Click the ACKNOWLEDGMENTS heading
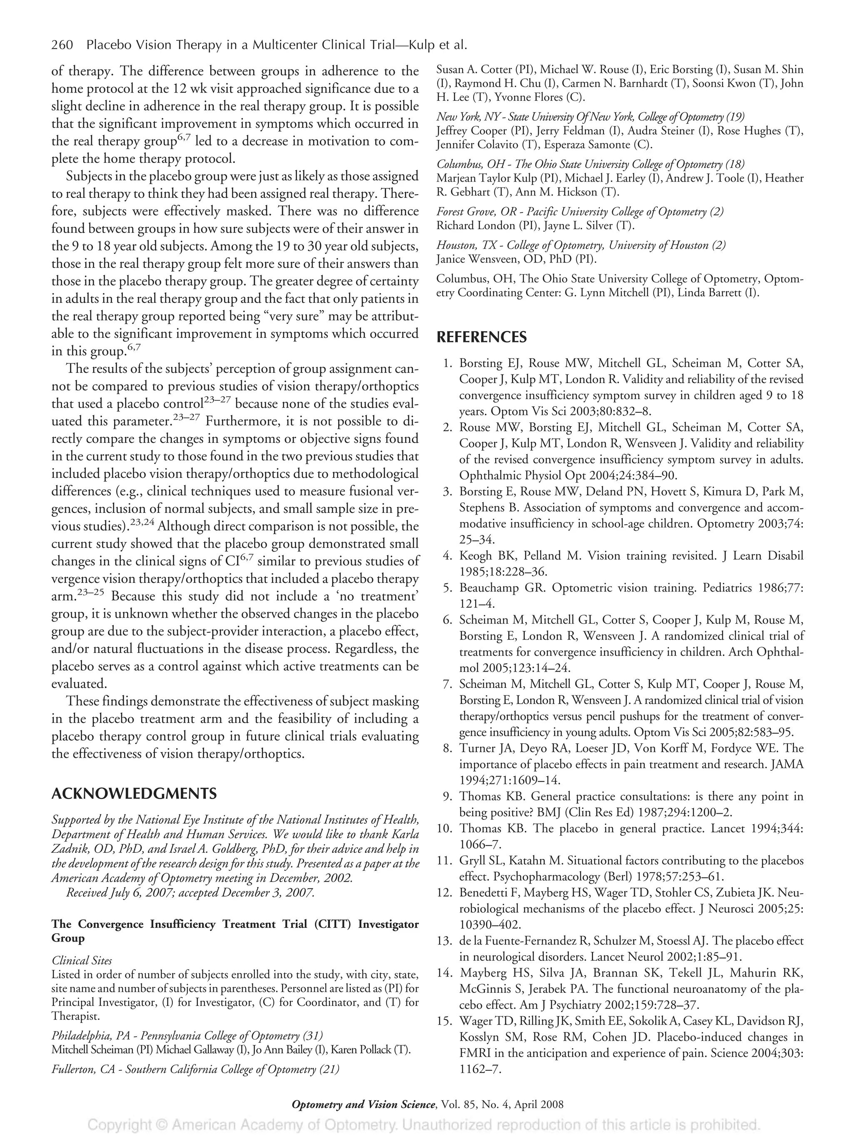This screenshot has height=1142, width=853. click(134, 793)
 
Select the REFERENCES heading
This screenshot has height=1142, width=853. click(481, 337)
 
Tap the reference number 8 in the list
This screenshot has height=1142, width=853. click(447, 748)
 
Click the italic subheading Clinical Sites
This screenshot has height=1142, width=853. click(82, 960)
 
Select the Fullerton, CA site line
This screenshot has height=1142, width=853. click(195, 1069)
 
